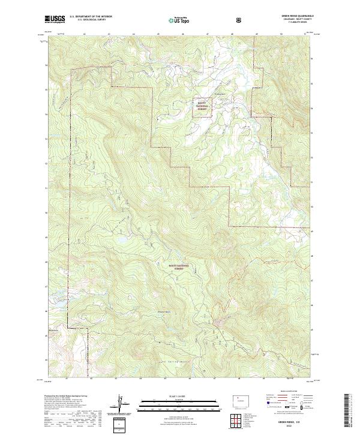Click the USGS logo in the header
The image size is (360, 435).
coord(55,19)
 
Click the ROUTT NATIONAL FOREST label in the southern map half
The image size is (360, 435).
coord(175,267)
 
